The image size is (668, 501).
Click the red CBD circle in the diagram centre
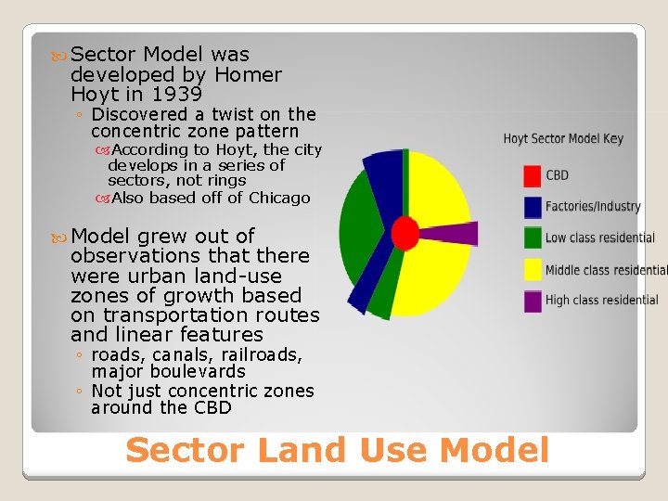point(405,232)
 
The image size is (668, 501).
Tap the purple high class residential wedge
point(455,234)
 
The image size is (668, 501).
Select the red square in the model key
point(533,175)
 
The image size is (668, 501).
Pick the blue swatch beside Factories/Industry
point(533,207)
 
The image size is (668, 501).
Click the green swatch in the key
point(533,238)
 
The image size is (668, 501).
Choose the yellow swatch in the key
point(533,269)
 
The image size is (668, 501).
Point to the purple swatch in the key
point(533,301)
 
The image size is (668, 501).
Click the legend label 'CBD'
point(558,175)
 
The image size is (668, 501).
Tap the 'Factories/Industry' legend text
point(593,207)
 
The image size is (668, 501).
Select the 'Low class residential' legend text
point(599,238)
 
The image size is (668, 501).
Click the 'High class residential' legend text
point(601,301)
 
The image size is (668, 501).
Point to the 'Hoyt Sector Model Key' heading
point(563,139)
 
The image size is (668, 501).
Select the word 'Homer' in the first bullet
point(248,74)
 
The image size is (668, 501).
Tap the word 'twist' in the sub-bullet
point(234,114)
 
